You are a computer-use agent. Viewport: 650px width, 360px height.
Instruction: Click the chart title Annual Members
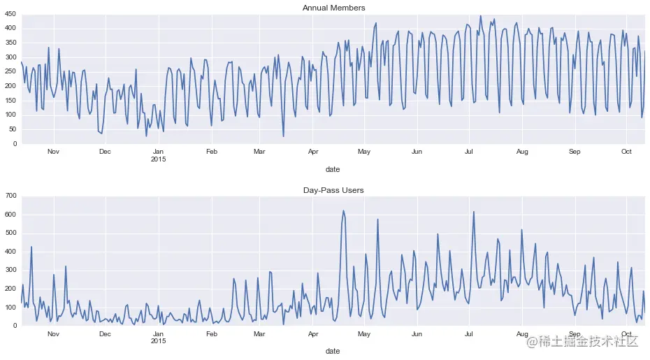pyautogui.click(x=333, y=8)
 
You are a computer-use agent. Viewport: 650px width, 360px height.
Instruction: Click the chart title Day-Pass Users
pyautogui.click(x=333, y=189)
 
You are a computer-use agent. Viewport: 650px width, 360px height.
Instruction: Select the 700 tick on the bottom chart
pyautogui.click(x=10, y=196)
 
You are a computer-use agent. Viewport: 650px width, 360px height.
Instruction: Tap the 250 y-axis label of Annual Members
pyautogui.click(x=10, y=71)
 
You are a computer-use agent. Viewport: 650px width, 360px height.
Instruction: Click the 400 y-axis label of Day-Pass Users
pyautogui.click(x=10, y=252)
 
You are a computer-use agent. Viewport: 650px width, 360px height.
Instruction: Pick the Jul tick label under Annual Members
pyautogui.click(x=470, y=152)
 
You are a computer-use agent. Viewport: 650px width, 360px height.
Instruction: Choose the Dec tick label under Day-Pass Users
pyautogui.click(x=105, y=333)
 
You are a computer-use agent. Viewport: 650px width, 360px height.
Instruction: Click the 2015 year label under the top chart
pyautogui.click(x=159, y=159)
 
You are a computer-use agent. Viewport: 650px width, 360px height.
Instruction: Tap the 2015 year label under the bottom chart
pyautogui.click(x=159, y=341)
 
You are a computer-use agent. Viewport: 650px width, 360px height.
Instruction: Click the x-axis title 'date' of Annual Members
pyautogui.click(x=333, y=169)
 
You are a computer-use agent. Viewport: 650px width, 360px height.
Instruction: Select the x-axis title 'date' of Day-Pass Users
pyautogui.click(x=333, y=351)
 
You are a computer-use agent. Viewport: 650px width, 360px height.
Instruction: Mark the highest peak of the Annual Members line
pyautogui.click(x=480, y=16)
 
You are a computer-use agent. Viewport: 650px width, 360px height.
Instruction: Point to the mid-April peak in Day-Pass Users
pyautogui.click(x=343, y=210)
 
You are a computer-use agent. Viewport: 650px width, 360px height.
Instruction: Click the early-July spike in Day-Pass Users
pyautogui.click(x=474, y=212)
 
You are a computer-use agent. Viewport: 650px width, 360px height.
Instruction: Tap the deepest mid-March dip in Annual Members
pyautogui.click(x=283, y=136)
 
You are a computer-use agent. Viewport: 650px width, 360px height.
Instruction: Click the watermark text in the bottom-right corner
pyautogui.click(x=582, y=341)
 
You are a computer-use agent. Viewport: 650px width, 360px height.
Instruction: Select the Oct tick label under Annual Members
pyautogui.click(x=626, y=152)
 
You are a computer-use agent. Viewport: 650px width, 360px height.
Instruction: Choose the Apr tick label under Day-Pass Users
pyautogui.click(x=312, y=333)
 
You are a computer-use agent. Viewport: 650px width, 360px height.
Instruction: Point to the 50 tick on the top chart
pyautogui.click(x=12, y=129)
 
